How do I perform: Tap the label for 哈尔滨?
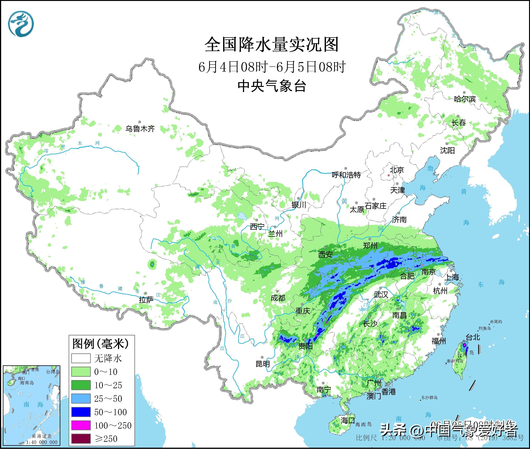[x=465, y=99]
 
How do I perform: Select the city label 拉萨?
[x=146, y=300]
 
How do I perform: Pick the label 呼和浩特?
[x=346, y=175]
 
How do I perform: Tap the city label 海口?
[x=348, y=420]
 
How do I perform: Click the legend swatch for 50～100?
[x=81, y=412]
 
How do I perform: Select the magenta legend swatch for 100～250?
[x=81, y=425]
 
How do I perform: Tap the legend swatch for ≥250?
[x=81, y=439]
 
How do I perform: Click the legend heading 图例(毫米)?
[x=101, y=344]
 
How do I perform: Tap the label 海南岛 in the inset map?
[x=27, y=383]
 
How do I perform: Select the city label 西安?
[x=325, y=254]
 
